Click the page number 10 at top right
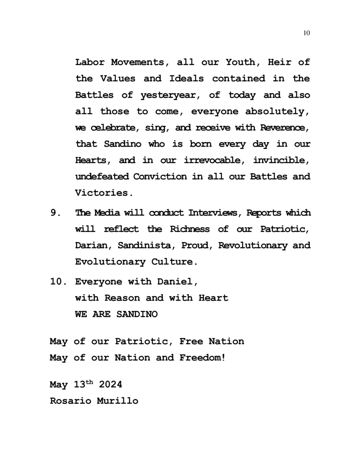click(306, 33)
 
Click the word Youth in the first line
click(240, 62)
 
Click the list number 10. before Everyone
click(60, 281)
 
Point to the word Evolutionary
click(109, 262)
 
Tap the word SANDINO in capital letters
click(137, 314)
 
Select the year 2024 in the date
click(110, 385)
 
